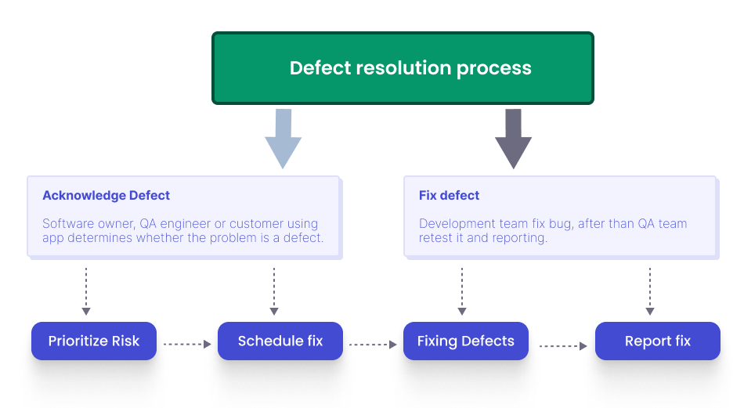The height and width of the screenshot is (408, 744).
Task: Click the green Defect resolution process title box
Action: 403,68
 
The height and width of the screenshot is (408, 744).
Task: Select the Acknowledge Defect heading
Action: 107,196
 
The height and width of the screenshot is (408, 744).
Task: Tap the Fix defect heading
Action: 450,196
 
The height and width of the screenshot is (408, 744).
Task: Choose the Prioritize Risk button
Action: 94,341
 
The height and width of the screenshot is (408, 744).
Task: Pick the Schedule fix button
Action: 280,341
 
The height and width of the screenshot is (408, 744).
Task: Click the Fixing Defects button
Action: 466,341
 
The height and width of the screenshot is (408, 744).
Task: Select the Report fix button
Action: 658,341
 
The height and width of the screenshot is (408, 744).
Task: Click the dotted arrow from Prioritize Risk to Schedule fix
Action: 187,344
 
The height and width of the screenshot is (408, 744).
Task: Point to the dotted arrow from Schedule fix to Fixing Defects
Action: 374,344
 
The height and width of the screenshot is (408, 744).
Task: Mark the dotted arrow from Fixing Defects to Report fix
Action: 563,345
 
